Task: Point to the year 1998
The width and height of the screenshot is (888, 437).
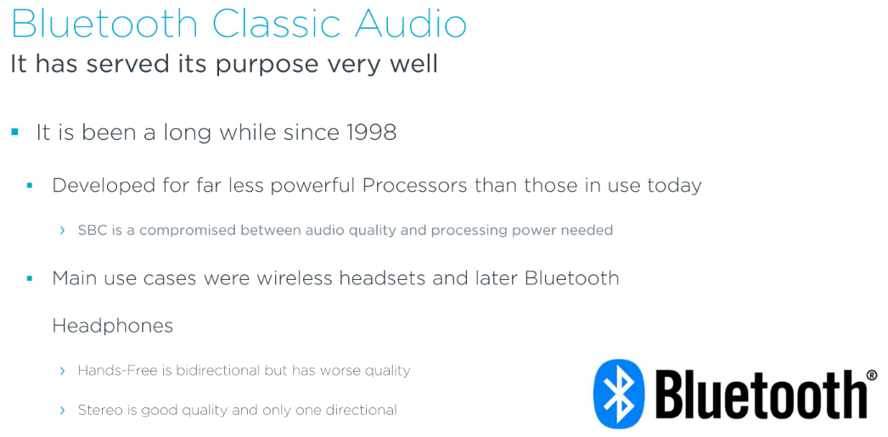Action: tap(369, 132)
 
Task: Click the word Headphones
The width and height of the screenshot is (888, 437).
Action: tap(113, 326)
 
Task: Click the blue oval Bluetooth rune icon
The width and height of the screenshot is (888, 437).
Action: tap(619, 394)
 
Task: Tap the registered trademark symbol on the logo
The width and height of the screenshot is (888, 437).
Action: tap(872, 374)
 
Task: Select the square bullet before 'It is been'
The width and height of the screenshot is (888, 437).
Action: tap(14, 132)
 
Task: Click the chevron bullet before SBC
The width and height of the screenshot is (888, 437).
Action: tap(62, 231)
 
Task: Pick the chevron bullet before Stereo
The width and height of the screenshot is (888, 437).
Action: tap(62, 410)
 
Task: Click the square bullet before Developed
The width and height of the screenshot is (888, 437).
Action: tap(30, 185)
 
